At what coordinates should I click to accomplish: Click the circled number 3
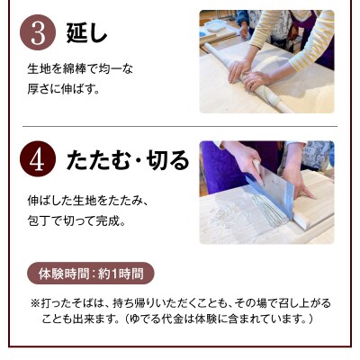(39, 33)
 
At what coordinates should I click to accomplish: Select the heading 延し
(87, 34)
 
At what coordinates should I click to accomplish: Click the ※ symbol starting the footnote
(36, 301)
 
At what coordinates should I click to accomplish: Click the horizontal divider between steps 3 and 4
(179, 125)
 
